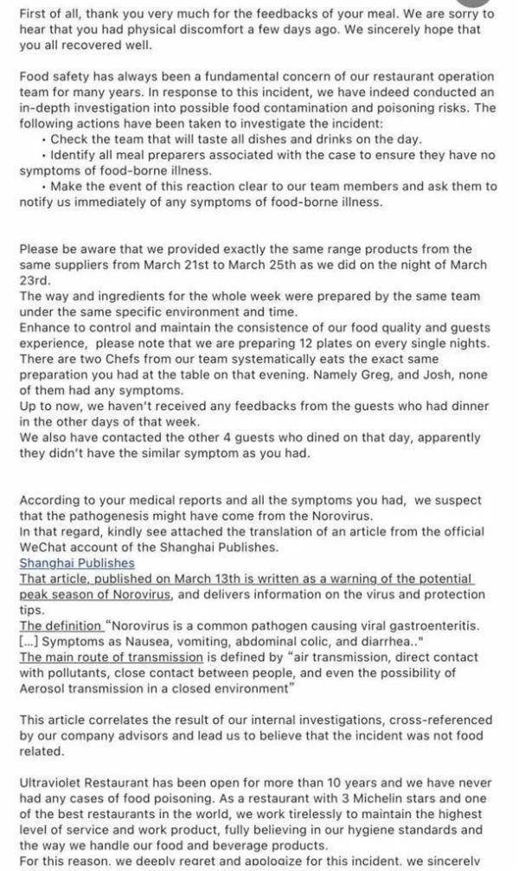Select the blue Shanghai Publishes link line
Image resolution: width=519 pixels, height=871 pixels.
(77, 562)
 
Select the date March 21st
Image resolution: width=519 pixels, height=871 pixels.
(218, 265)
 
